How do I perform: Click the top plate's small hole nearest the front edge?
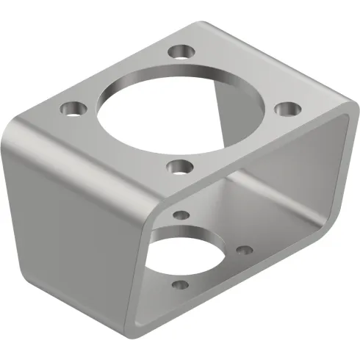[x=178, y=168]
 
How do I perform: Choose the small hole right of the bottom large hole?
[x=246, y=251]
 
